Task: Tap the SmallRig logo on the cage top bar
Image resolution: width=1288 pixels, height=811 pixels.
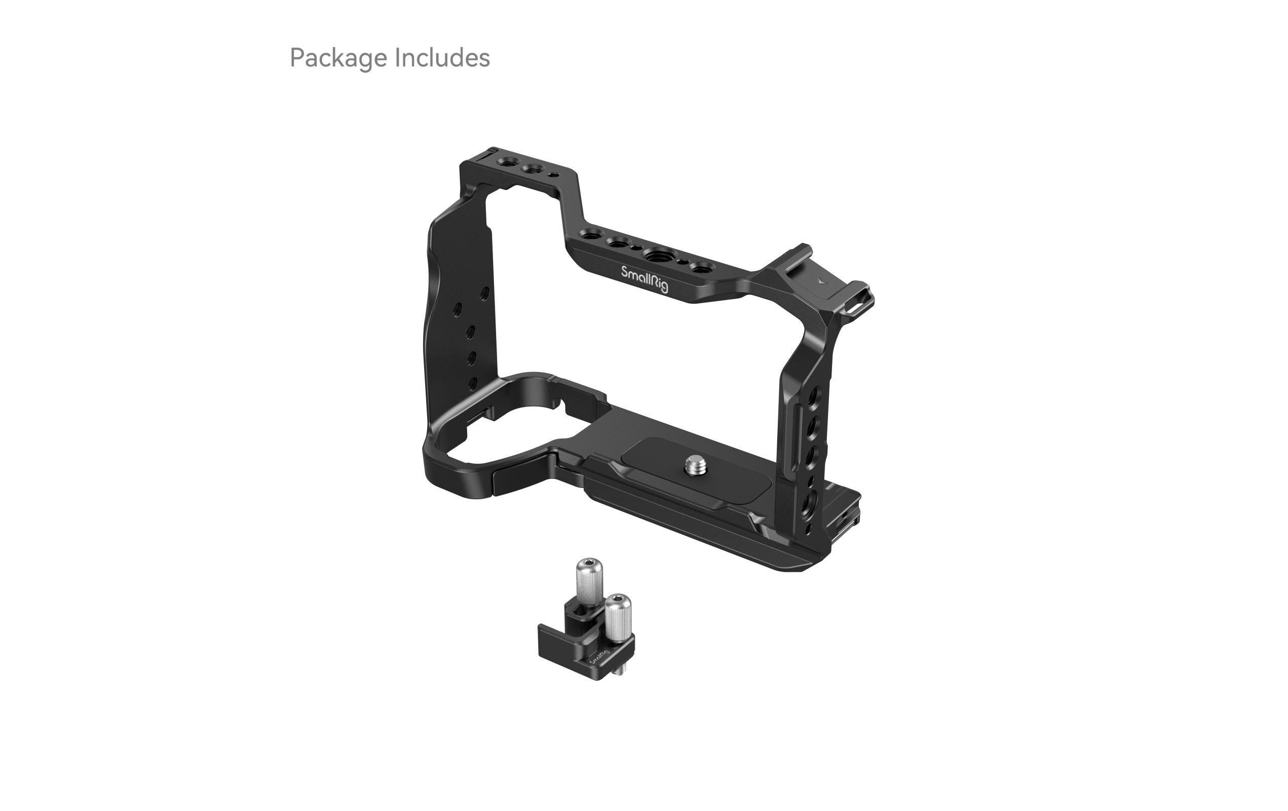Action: pyautogui.click(x=644, y=278)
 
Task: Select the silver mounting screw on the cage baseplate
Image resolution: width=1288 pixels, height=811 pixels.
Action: pyautogui.click(x=695, y=465)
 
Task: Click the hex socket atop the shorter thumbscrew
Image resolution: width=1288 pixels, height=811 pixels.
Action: pyautogui.click(x=618, y=598)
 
